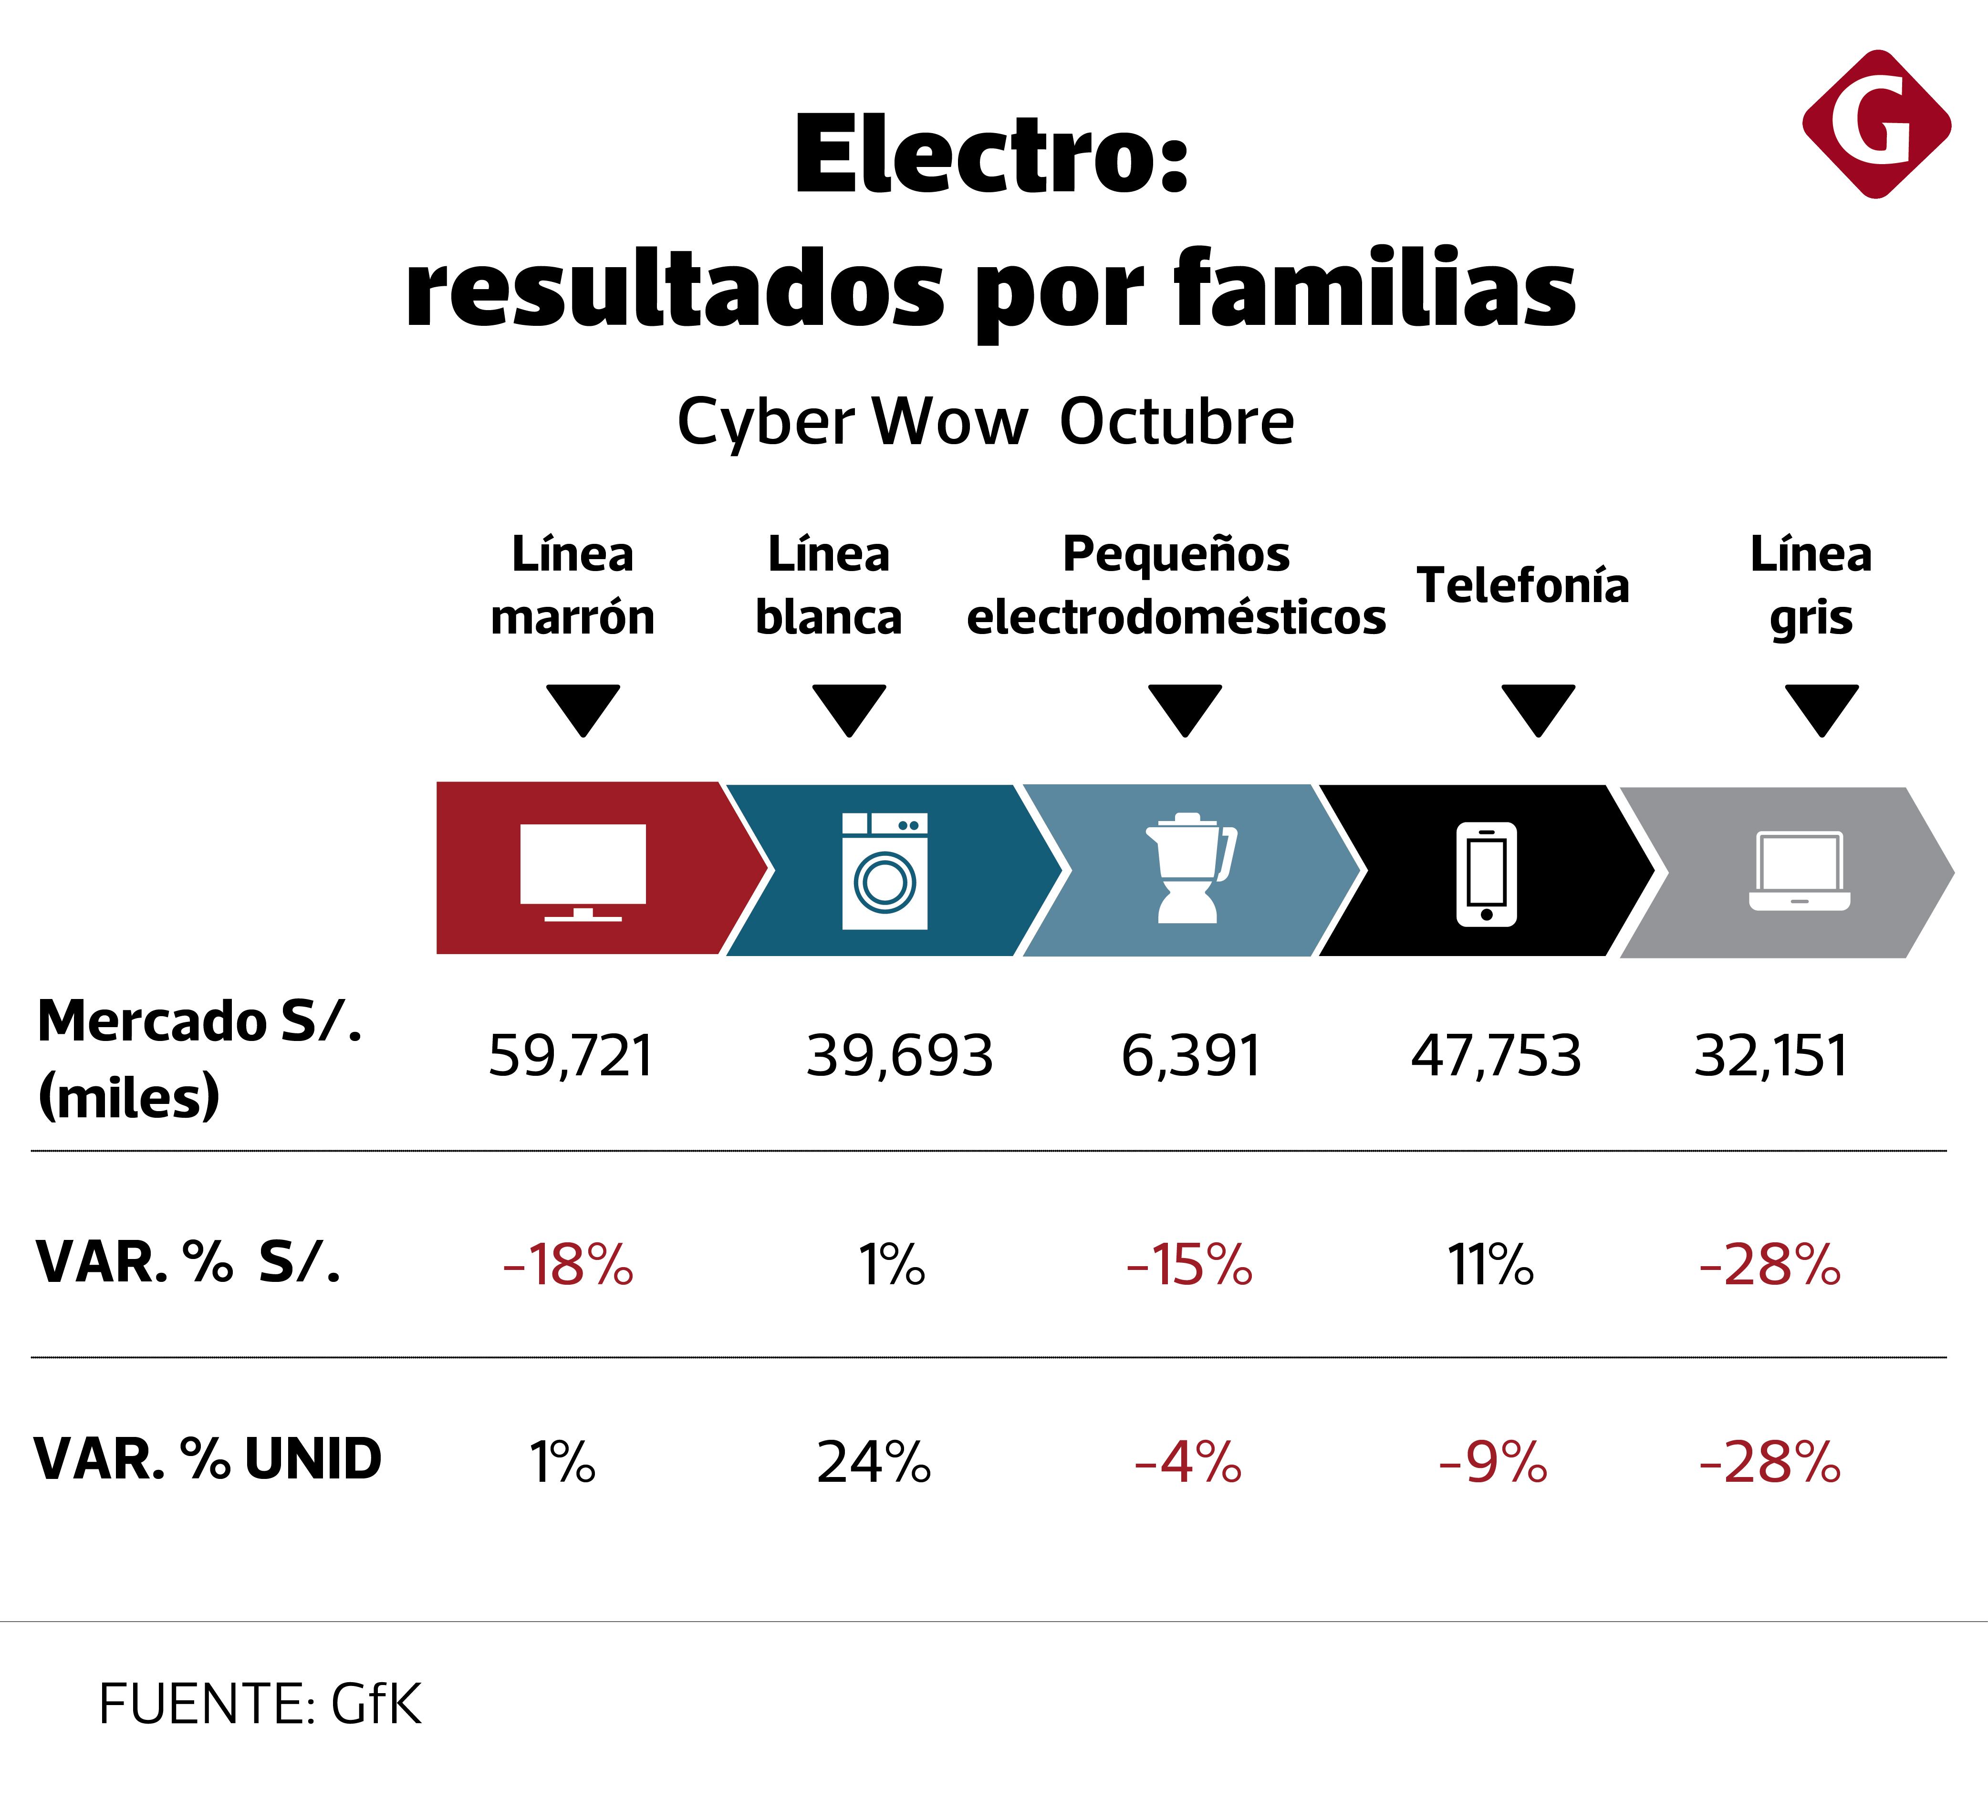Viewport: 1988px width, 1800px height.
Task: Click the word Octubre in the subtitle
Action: (x=1176, y=422)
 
